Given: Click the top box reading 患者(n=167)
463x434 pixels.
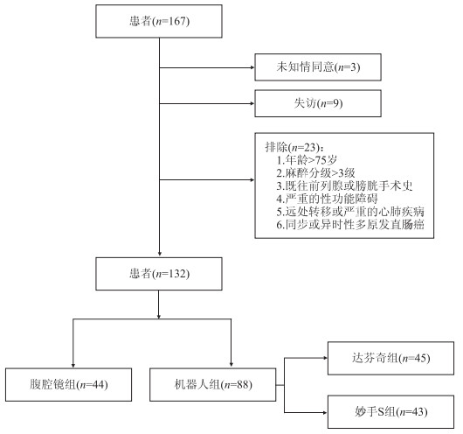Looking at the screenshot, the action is click(x=159, y=21).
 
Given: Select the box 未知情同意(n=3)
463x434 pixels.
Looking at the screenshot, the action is click(x=318, y=67).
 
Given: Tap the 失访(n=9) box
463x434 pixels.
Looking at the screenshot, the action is click(x=318, y=103).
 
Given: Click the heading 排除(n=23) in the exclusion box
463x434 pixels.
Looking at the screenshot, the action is click(x=294, y=147).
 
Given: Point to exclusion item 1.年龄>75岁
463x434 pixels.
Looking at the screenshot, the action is click(x=307, y=160).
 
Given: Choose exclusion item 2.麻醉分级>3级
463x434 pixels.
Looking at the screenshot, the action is click(x=315, y=173).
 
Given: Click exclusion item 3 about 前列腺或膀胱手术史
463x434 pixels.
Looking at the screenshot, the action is click(x=344, y=186).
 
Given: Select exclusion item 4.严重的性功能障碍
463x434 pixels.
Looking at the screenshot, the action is click(x=327, y=199).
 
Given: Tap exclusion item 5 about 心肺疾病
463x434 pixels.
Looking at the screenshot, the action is click(x=350, y=212).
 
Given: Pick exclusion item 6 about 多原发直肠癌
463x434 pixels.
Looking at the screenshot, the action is click(x=350, y=225).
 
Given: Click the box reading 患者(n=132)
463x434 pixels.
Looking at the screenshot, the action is click(x=159, y=274).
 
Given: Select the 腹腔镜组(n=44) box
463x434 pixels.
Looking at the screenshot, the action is click(x=68, y=385).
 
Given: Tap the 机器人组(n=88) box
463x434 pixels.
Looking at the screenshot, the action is click(x=213, y=385).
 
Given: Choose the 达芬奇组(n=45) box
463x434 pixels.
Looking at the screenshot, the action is click(x=390, y=358).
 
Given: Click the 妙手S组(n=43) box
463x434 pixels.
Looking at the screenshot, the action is click(x=390, y=412).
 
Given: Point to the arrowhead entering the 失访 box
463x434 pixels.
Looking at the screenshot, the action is click(x=252, y=103).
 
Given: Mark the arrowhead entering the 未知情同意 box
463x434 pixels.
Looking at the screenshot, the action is click(x=252, y=67).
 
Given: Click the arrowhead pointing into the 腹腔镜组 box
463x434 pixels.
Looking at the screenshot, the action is click(x=73, y=366).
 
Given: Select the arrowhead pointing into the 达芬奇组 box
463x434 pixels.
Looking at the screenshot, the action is click(x=325, y=358).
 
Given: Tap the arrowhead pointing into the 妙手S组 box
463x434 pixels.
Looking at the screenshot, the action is click(x=325, y=412).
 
